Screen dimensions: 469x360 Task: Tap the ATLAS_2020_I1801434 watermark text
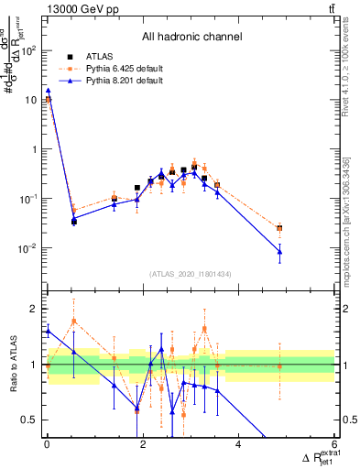point(191,274)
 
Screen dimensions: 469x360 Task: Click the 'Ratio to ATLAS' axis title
point(15,364)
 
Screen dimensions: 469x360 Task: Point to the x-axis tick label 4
point(238,445)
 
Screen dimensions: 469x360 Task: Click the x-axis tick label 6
point(334,445)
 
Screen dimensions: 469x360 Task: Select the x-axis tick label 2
point(143,445)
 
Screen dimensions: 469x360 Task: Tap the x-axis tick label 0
point(47,445)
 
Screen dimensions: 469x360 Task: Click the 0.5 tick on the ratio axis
point(29,420)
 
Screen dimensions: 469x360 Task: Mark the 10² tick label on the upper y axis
point(30,49)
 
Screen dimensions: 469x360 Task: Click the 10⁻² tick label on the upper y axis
point(30,248)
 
